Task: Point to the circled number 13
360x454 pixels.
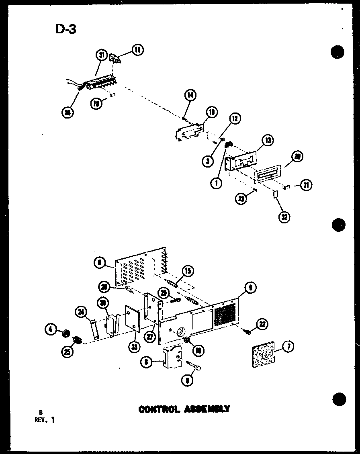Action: [x=267, y=140]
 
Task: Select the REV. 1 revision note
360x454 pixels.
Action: [x=44, y=420]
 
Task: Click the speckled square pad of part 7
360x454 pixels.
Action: [x=262, y=354]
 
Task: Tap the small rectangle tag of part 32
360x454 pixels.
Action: [x=275, y=195]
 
